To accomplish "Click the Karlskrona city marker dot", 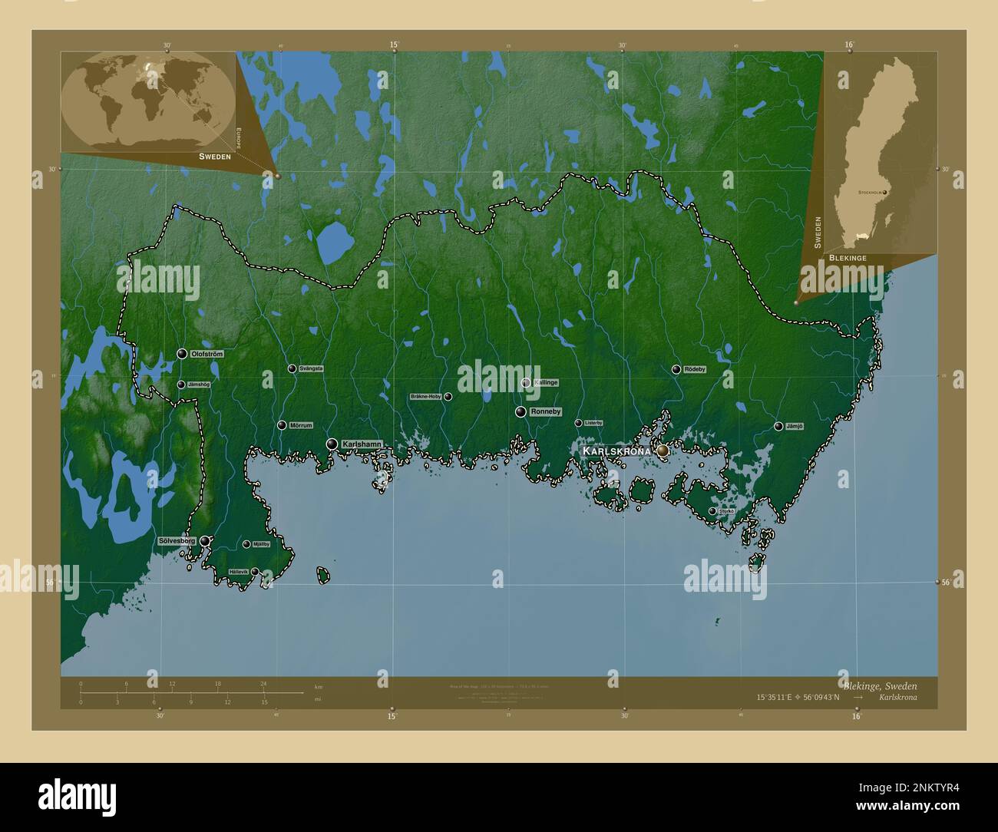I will pyautogui.click(x=663, y=451).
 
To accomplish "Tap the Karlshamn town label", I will pyautogui.click(x=362, y=444).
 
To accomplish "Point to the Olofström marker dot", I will pyautogui.click(x=182, y=354).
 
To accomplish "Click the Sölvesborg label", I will pyautogui.click(x=178, y=541).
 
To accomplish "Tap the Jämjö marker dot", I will pyautogui.click(x=778, y=426).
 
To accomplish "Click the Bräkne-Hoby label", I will pyautogui.click(x=426, y=397).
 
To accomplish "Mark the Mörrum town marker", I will pyautogui.click(x=282, y=425).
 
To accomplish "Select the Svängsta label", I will pyautogui.click(x=310, y=368).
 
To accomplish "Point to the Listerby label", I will pyautogui.click(x=593, y=423).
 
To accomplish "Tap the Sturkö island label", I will pyautogui.click(x=726, y=510).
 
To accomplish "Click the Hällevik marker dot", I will pyautogui.click(x=255, y=572).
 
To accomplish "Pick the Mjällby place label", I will pyautogui.click(x=261, y=544).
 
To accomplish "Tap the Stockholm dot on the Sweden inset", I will pyautogui.click(x=884, y=193).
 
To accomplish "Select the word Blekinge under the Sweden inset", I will pyautogui.click(x=848, y=259).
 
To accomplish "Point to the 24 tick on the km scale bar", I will pyautogui.click(x=263, y=683).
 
